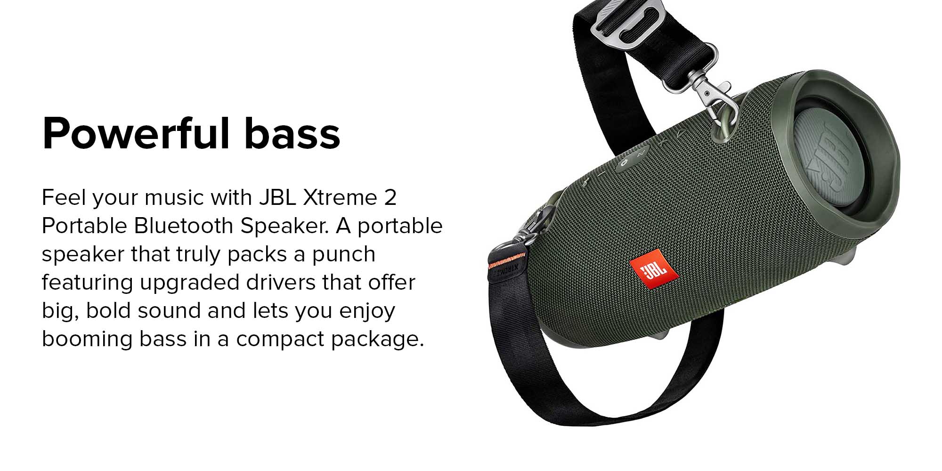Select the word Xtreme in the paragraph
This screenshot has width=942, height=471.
[340, 197]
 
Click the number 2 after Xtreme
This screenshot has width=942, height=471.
[390, 197]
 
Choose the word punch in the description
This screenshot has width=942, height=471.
[343, 255]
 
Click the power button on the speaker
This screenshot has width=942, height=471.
[623, 163]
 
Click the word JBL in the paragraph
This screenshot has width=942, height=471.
[277, 197]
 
